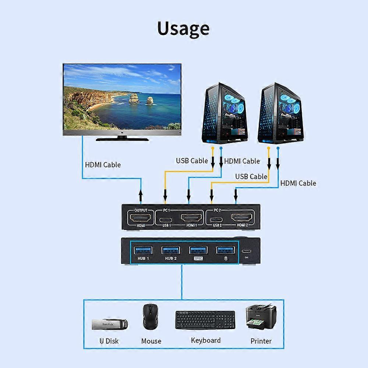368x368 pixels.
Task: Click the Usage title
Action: coord(183,29)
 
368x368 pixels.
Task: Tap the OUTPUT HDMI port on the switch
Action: coord(140,218)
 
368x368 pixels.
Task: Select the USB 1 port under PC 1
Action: coord(165,221)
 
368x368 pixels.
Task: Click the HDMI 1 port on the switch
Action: coord(191,218)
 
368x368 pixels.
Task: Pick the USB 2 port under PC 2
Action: coord(217,221)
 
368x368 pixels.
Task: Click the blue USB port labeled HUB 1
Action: coord(143,250)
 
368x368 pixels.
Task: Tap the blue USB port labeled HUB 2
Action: coord(171,250)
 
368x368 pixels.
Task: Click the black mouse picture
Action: coord(151,317)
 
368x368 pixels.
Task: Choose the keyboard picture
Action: coord(205,320)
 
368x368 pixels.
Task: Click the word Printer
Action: coord(261,341)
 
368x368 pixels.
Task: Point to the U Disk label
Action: coord(109,341)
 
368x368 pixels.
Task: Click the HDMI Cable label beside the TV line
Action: coord(103,165)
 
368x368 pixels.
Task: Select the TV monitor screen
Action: coord(122,96)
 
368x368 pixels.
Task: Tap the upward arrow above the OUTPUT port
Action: coord(141,195)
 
